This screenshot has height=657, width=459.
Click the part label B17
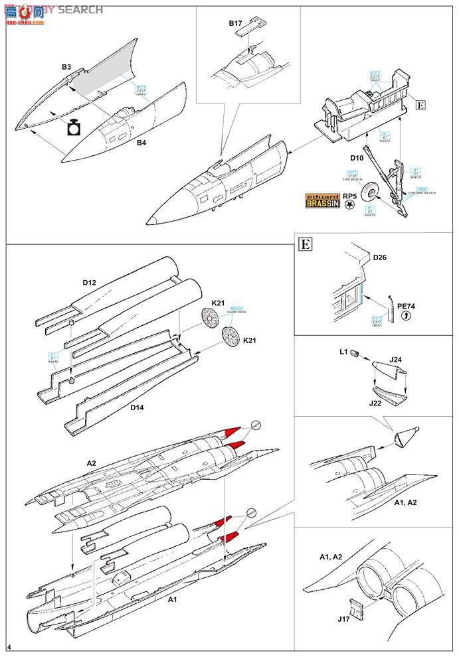[236, 23]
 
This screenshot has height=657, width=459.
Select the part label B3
[66, 67]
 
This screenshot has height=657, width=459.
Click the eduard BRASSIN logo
[321, 201]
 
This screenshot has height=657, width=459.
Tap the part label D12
[90, 282]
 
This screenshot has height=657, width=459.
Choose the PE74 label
[406, 307]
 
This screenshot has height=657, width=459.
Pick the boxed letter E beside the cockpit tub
[420, 104]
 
